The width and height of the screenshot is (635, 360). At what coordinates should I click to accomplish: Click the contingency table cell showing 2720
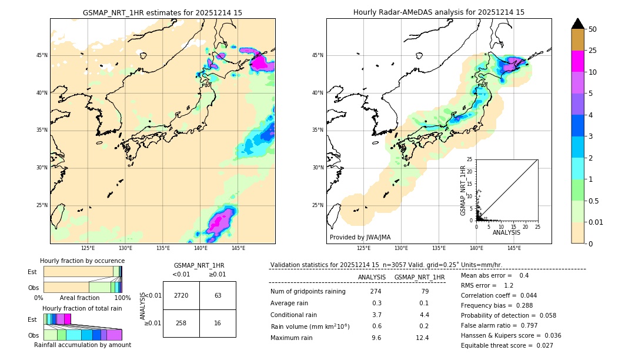[181, 295]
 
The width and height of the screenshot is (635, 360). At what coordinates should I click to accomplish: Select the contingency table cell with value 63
[218, 295]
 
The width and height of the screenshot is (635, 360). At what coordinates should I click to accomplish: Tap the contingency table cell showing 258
[181, 324]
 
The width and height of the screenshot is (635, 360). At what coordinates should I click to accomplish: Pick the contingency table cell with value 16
[218, 324]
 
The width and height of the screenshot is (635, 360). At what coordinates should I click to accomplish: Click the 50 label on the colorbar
[593, 29]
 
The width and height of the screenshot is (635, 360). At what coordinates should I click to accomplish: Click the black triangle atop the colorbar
[578, 24]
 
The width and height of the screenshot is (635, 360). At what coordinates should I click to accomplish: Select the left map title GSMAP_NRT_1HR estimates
[162, 12]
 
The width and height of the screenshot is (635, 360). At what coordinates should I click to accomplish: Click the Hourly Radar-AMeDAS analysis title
[439, 12]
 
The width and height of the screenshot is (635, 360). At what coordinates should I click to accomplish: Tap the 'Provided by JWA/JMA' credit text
[360, 237]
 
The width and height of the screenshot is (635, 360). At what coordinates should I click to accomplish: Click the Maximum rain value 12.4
[422, 338]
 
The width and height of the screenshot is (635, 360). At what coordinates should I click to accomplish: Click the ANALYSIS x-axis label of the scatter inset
[506, 232]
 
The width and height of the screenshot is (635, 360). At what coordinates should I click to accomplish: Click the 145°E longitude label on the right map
[514, 248]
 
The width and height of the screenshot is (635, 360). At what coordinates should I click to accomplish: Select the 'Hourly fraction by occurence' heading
[82, 261]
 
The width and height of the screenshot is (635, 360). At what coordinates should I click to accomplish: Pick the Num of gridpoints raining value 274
[376, 292]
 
